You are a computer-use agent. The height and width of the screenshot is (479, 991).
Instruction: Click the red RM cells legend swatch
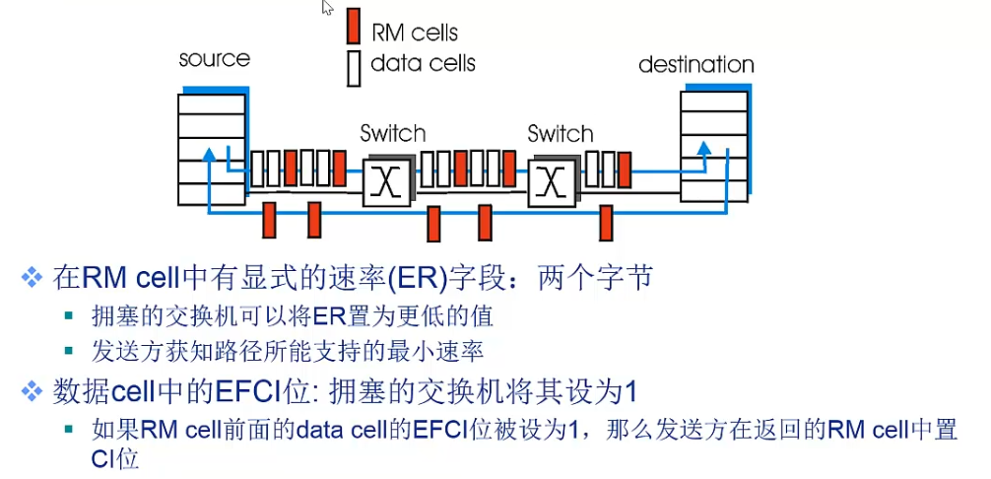pyautogui.click(x=354, y=27)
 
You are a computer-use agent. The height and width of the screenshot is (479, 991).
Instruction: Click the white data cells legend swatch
pyautogui.click(x=354, y=68)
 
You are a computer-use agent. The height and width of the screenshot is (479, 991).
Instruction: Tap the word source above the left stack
pyautogui.click(x=214, y=59)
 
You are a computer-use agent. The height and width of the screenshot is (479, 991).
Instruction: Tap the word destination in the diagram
pyautogui.click(x=696, y=64)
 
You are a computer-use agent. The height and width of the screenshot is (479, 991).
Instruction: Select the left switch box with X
pyautogui.click(x=387, y=182)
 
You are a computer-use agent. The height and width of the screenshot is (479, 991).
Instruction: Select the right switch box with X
pyautogui.click(x=553, y=182)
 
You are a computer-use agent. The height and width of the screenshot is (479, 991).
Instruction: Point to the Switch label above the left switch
pyautogui.click(x=393, y=133)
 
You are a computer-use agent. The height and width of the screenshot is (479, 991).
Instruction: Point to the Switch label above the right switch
pyautogui.click(x=561, y=133)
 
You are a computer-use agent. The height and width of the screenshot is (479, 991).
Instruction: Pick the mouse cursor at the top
pyautogui.click(x=327, y=8)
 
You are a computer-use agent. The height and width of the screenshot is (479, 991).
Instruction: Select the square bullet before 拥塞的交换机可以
pyautogui.click(x=69, y=316)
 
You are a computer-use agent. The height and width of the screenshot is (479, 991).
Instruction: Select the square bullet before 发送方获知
pyautogui.click(x=69, y=351)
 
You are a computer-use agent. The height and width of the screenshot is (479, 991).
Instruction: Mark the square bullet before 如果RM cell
pyautogui.click(x=69, y=430)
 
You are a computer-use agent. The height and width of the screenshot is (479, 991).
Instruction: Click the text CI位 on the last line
pyautogui.click(x=114, y=460)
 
